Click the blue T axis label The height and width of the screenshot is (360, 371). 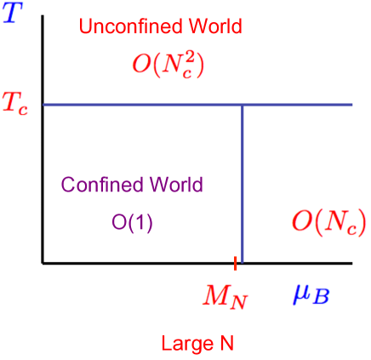[13, 13]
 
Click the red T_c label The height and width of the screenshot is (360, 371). [14, 104]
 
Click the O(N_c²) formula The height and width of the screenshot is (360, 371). [169, 64]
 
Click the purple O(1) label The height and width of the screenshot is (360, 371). [132, 223]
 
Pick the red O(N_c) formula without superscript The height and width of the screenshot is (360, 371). [328, 222]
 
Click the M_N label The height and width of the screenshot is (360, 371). [225, 295]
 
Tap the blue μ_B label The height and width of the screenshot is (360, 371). [312, 294]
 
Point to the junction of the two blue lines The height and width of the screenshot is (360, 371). [243, 105]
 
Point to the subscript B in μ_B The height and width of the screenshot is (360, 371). [323, 298]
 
